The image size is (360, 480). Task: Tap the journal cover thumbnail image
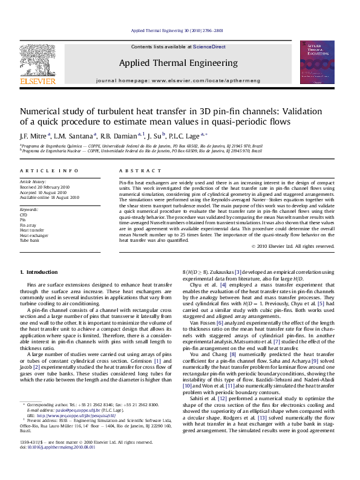317,62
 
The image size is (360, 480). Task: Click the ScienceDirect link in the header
209,47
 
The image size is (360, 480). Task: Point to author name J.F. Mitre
34,135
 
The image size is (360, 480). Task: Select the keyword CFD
24,214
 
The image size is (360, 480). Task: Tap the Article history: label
33,181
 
